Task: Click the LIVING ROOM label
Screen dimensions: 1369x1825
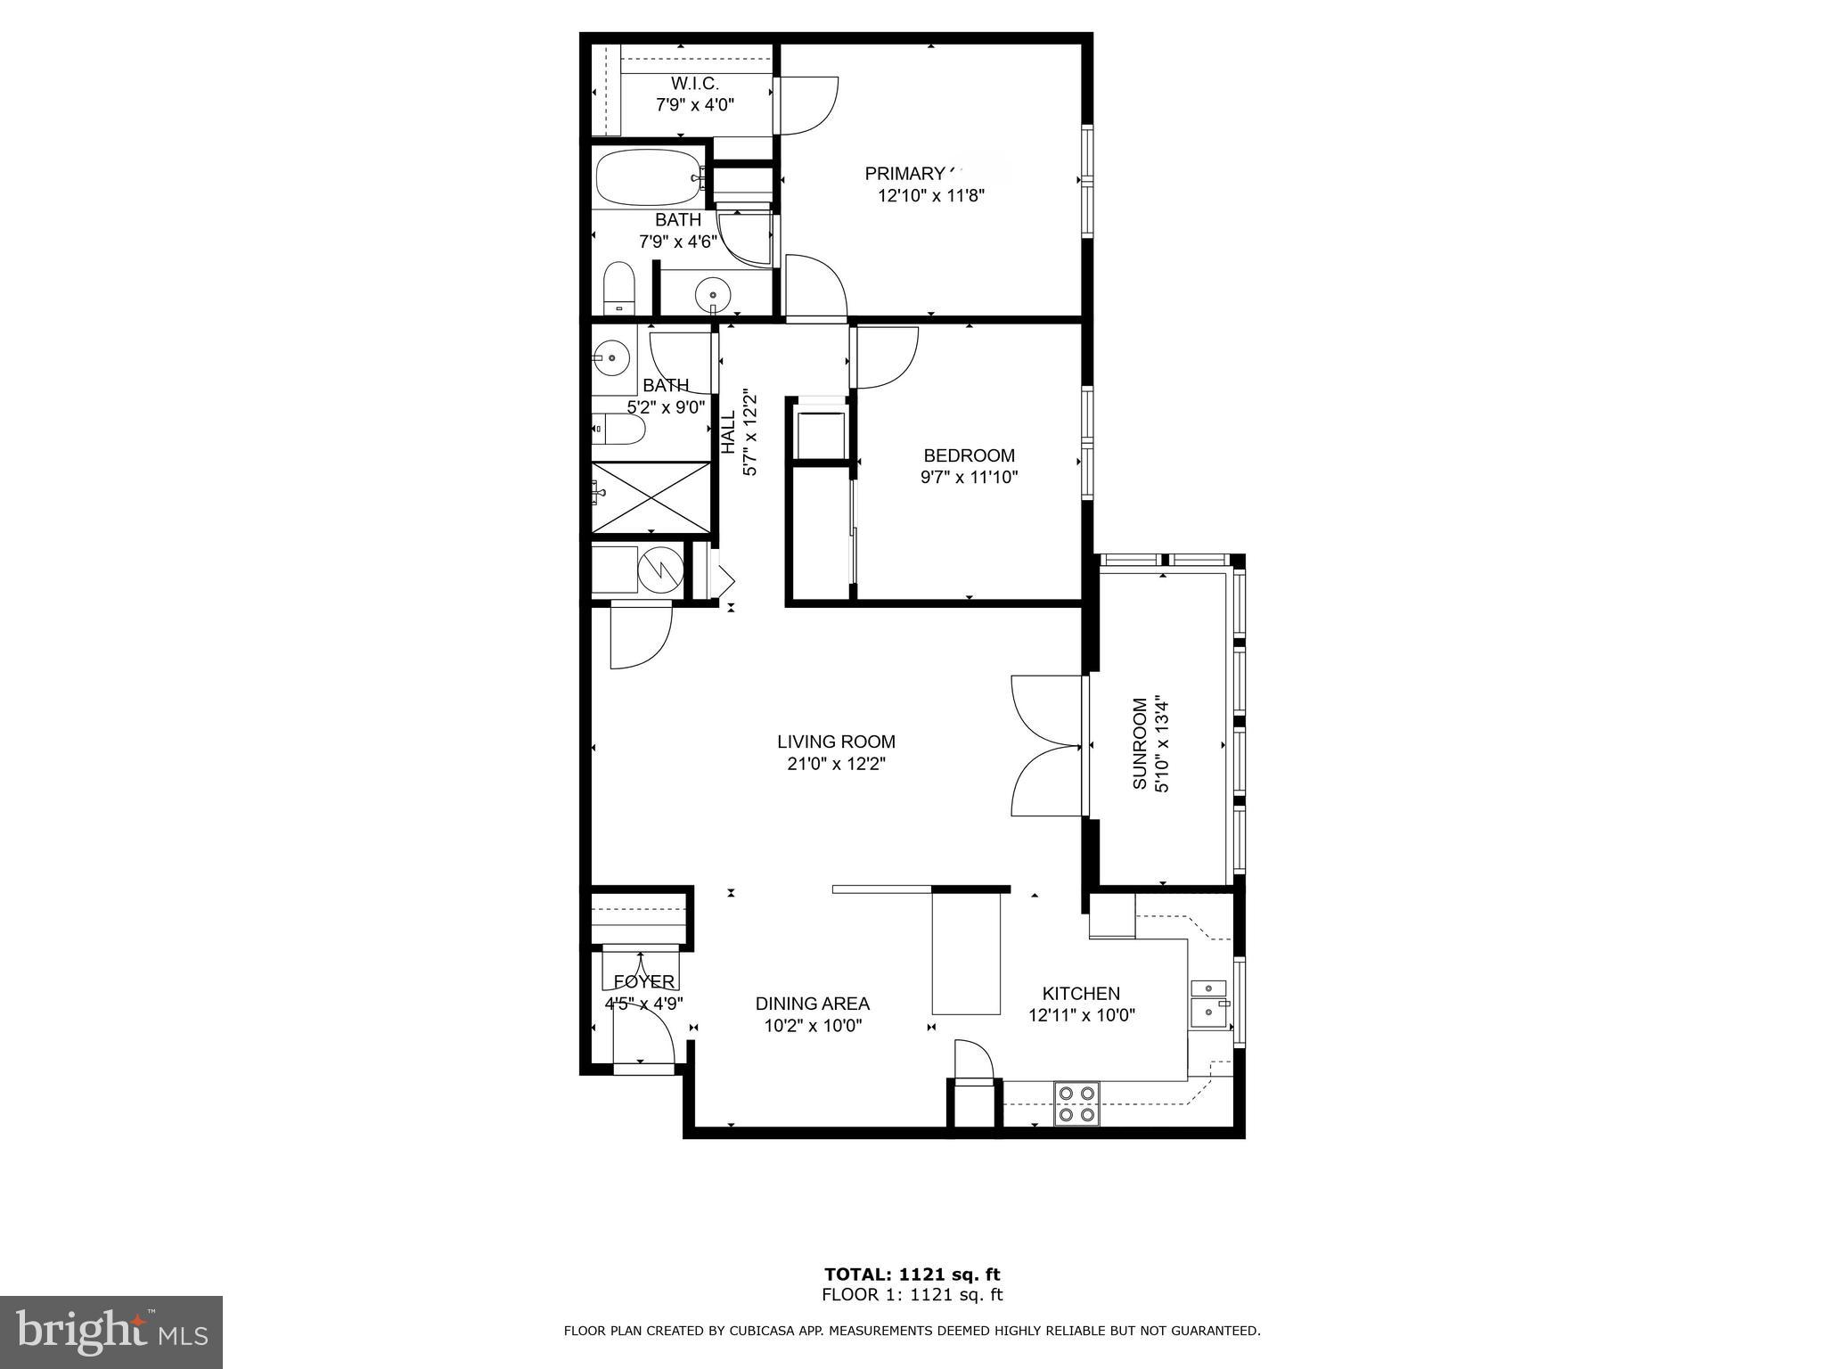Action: pyautogui.click(x=836, y=742)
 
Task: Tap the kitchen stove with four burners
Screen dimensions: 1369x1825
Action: pyautogui.click(x=1076, y=1103)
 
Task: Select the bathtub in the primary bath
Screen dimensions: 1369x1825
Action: pyautogui.click(x=648, y=178)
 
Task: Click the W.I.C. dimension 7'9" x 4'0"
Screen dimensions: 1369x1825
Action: pyautogui.click(x=695, y=105)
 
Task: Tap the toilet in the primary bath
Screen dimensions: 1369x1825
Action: pyautogui.click(x=618, y=287)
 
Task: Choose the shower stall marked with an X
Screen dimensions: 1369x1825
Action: pyautogui.click(x=651, y=497)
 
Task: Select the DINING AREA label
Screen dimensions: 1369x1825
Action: pyautogui.click(x=813, y=1004)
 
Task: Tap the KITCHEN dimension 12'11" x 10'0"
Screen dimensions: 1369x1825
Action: pyautogui.click(x=1081, y=1015)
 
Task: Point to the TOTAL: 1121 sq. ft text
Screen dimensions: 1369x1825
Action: pyautogui.click(x=912, y=1275)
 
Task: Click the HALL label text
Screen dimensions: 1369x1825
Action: pyautogui.click(x=728, y=431)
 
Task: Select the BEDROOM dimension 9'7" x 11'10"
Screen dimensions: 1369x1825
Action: pyautogui.click(x=969, y=478)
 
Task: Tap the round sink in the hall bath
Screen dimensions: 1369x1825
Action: pyautogui.click(x=612, y=358)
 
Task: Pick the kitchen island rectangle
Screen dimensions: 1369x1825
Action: pyautogui.click(x=966, y=952)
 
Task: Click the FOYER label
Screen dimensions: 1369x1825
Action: pyautogui.click(x=643, y=982)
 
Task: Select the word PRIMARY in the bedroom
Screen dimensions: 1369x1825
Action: pyautogui.click(x=904, y=174)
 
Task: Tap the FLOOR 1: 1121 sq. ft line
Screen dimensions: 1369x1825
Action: pyautogui.click(x=912, y=1295)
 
